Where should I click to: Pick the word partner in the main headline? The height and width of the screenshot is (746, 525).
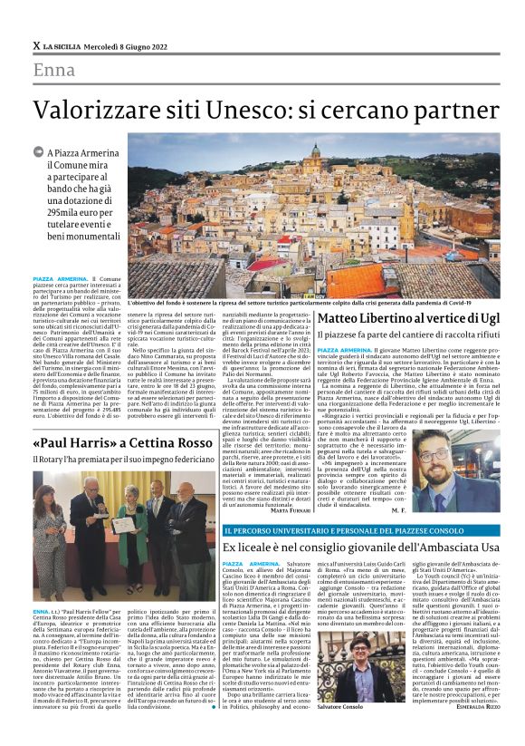[x=450, y=110]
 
